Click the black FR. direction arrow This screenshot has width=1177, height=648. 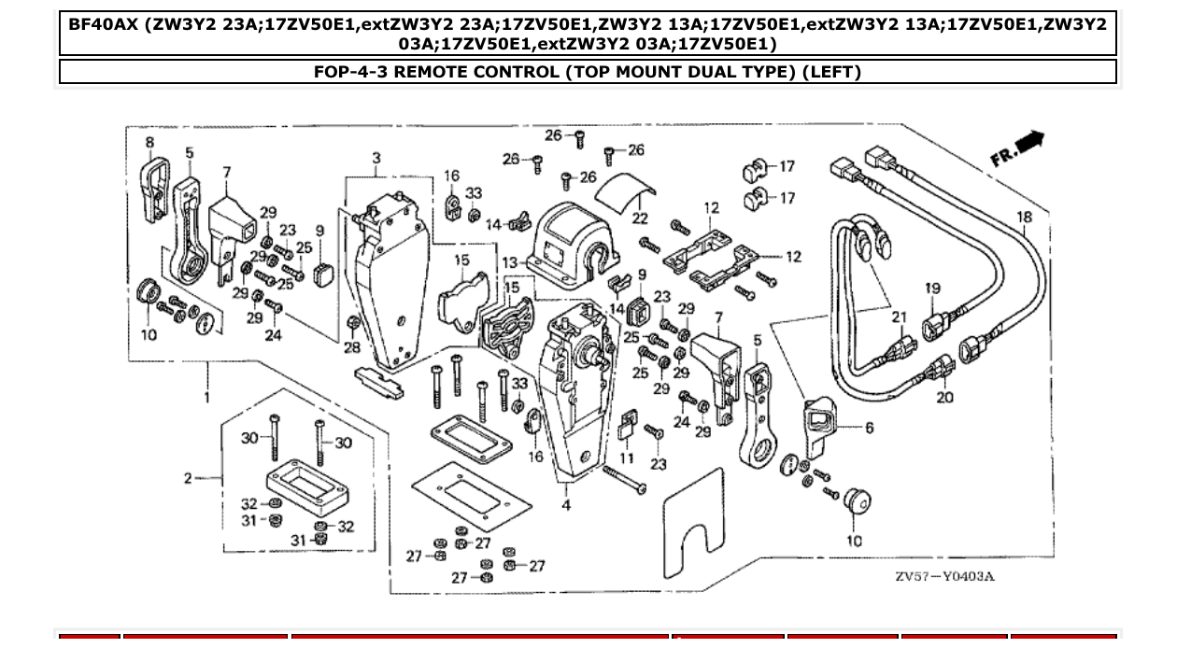click(1029, 142)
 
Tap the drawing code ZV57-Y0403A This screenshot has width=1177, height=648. click(944, 575)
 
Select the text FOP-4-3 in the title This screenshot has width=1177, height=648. click(350, 72)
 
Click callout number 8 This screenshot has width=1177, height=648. click(149, 142)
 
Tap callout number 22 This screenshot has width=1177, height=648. click(640, 218)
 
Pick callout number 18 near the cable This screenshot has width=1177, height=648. click(1025, 218)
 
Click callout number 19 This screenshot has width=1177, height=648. click(932, 289)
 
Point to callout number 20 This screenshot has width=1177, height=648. click(944, 398)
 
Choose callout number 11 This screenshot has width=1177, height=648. click(627, 458)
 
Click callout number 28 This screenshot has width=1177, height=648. click(351, 347)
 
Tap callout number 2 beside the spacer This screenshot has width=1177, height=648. click(188, 478)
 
